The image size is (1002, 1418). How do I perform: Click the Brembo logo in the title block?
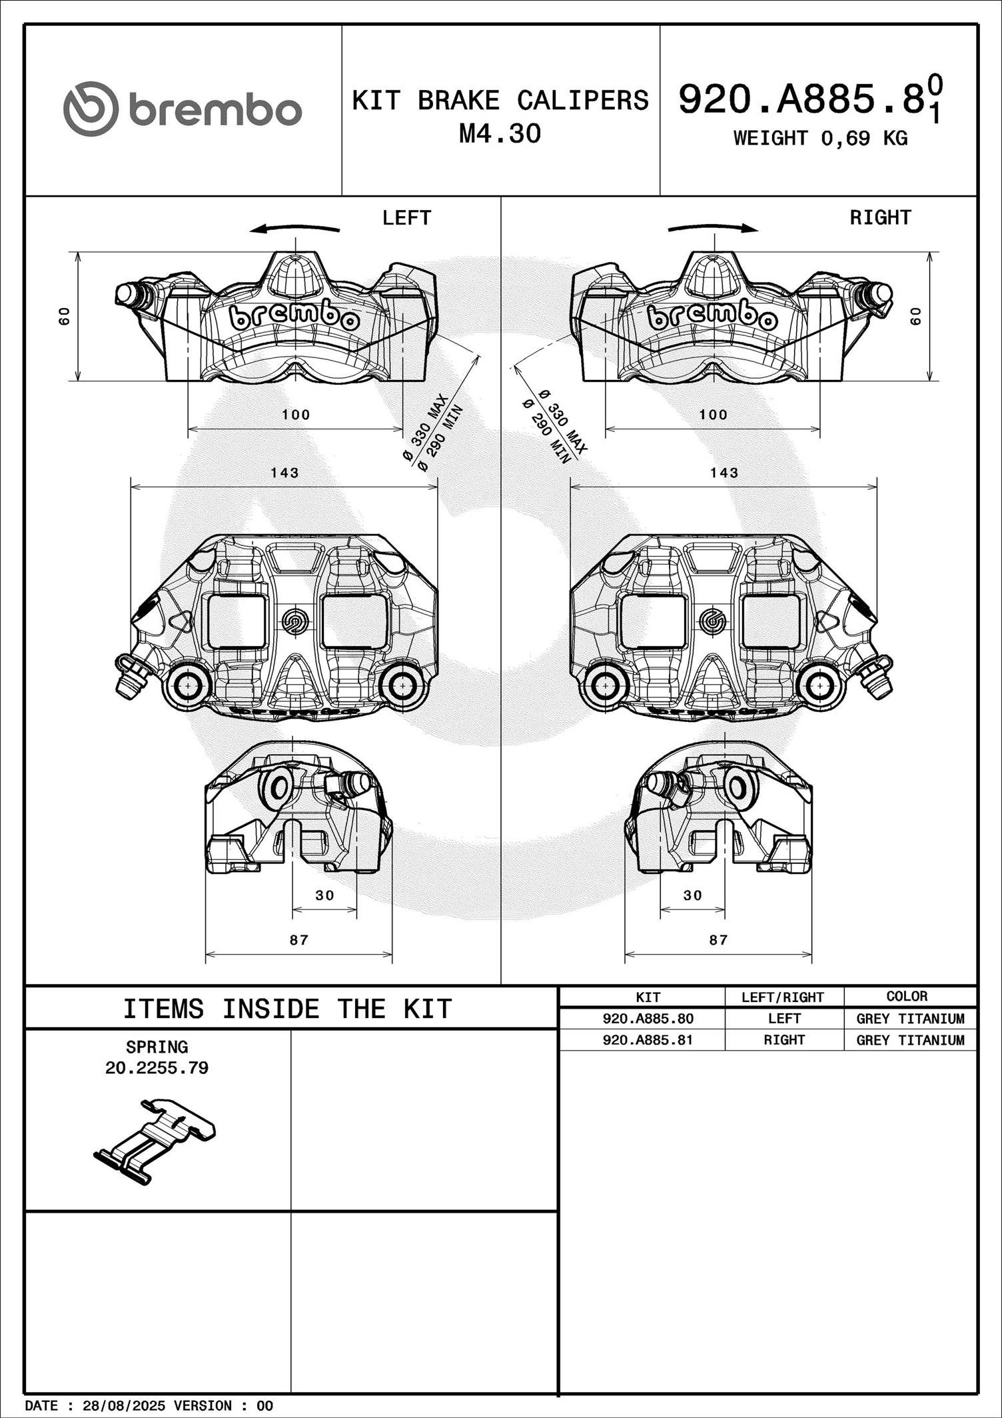click(183, 109)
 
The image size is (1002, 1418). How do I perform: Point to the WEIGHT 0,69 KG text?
click(820, 138)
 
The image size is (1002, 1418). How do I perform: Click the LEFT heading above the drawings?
click(406, 217)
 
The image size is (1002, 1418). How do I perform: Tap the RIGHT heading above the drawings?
click(880, 217)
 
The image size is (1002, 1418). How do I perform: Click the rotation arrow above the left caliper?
click(294, 228)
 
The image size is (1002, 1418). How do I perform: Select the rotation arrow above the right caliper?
click(713, 228)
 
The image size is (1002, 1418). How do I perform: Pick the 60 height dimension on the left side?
click(64, 316)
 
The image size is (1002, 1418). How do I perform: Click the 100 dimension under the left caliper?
click(296, 415)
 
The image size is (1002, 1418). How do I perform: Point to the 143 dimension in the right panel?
click(724, 473)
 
